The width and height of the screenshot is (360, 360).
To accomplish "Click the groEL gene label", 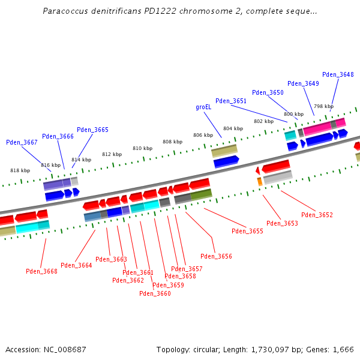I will (x=203, y=107).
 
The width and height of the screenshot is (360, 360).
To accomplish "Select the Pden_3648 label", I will (x=338, y=75).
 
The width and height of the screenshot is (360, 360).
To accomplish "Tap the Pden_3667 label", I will (x=22, y=143).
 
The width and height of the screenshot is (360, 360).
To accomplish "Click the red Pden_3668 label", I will (x=41, y=271).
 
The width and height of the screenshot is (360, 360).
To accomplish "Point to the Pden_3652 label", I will (x=317, y=215).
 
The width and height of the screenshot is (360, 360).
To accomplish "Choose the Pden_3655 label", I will (x=247, y=231).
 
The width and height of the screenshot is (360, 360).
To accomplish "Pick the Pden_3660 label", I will (x=155, y=293).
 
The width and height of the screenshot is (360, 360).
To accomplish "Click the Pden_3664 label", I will (x=76, y=265).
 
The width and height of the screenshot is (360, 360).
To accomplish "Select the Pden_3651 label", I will (x=231, y=101).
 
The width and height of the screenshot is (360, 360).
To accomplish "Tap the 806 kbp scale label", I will (x=203, y=136).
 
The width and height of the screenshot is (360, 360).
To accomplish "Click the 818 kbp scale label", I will (x=20, y=170).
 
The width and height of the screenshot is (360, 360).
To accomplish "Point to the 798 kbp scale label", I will (x=323, y=106).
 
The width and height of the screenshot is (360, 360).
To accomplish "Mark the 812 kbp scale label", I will (x=112, y=154).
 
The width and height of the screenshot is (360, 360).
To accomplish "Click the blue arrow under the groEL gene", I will (x=226, y=161).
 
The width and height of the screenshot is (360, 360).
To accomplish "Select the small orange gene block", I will (x=260, y=181).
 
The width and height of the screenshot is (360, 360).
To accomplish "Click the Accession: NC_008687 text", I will (x=46, y=349).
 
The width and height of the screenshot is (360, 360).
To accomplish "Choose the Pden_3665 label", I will (x=92, y=130).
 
